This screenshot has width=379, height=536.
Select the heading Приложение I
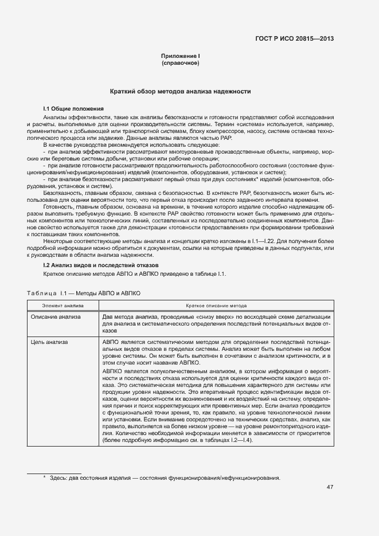[180, 56]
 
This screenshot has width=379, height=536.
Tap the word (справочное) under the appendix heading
[180, 62]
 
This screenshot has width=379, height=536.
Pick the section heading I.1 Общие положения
[73, 108]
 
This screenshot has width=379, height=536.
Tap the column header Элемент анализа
[62, 306]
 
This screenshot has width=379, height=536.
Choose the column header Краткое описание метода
[216, 306]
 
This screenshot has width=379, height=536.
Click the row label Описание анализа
[56, 316]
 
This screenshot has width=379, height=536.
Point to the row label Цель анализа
[49, 342]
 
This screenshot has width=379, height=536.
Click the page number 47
[330, 487]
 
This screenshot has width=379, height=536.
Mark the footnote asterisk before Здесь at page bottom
[45, 478]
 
